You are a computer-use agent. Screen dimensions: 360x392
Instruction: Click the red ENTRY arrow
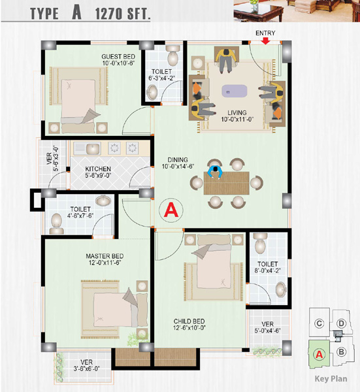tap(265, 41)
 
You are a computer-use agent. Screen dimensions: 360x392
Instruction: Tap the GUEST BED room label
tap(118, 57)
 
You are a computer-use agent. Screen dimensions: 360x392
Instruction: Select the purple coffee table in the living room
tap(235, 91)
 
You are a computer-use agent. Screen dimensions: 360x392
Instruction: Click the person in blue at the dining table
tap(215, 171)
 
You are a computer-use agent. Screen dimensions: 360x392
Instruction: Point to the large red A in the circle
tap(171, 210)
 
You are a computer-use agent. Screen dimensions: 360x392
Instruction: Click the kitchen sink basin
tap(93, 149)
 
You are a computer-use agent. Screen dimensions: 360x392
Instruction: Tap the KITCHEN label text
tap(98, 169)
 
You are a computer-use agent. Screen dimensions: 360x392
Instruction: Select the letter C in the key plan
tap(319, 324)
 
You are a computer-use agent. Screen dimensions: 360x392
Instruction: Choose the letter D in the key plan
tap(341, 324)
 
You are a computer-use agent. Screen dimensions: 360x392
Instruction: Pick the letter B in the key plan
tap(341, 352)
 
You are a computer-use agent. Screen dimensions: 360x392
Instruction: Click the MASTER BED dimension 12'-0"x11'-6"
tap(105, 263)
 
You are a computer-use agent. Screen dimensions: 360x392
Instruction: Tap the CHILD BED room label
tap(189, 321)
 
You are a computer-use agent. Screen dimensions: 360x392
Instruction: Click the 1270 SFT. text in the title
tap(122, 14)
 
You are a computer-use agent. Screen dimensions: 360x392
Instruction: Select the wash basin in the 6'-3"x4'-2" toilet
tap(152, 92)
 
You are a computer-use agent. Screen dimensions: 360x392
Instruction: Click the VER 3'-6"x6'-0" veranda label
tap(86, 365)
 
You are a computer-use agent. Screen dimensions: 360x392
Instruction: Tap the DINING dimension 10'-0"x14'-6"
tap(178, 166)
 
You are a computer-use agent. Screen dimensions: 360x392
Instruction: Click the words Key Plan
tap(331, 379)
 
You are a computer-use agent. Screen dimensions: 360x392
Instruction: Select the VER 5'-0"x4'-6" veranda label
tap(267, 327)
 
